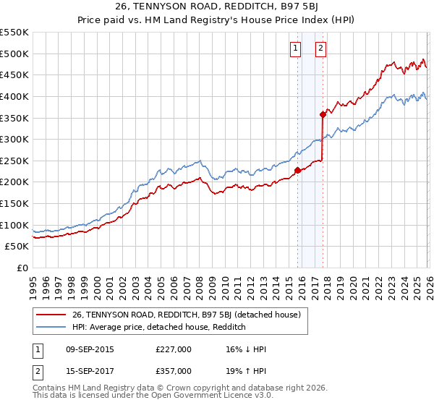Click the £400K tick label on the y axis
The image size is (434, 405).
pos(14,96)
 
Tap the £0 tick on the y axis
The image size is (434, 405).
pos(22,268)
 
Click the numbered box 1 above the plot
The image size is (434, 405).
pos(296,48)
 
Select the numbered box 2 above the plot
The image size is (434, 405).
pos(320,48)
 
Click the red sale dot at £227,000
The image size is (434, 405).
pos(297,171)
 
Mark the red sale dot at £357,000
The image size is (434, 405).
pos(323,114)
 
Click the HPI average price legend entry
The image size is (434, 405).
pos(159,327)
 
